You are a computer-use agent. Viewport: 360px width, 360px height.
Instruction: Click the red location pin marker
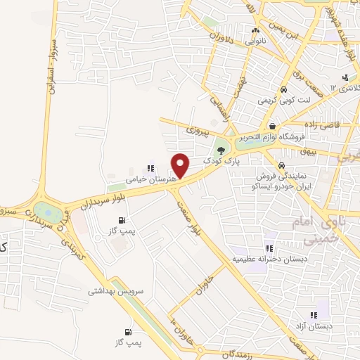click(181, 166)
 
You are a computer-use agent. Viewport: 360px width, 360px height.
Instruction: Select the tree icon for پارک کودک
click(221, 150)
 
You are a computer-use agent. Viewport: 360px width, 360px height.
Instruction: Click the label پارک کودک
click(218, 161)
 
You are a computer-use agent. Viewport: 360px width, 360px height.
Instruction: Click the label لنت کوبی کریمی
click(282, 101)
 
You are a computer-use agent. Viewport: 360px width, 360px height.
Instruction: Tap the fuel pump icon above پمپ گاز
click(127, 331)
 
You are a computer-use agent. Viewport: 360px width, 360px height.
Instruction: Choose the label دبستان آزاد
click(314, 326)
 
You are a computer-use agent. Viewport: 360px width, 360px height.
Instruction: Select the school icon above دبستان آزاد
click(314, 315)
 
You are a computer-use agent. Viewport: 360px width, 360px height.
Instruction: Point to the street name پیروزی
click(198, 131)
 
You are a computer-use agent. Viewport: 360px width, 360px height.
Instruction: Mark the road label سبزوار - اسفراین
click(50, 63)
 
